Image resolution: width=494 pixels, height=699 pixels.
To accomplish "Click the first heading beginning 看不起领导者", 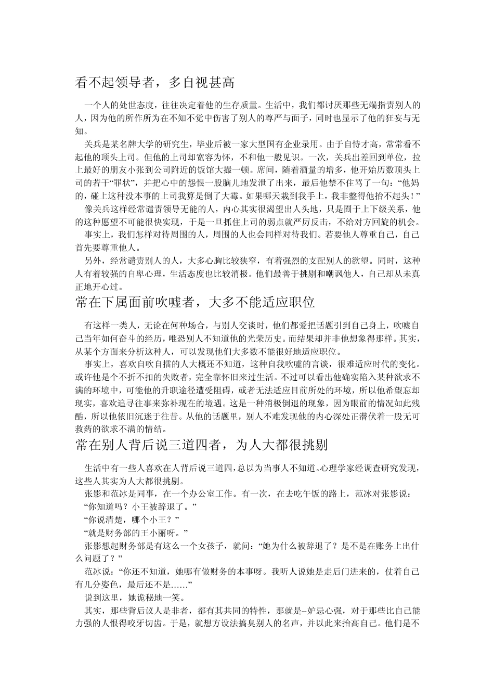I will click(x=155, y=82).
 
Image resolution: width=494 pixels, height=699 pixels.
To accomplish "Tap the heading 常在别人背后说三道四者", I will click(x=201, y=444).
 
